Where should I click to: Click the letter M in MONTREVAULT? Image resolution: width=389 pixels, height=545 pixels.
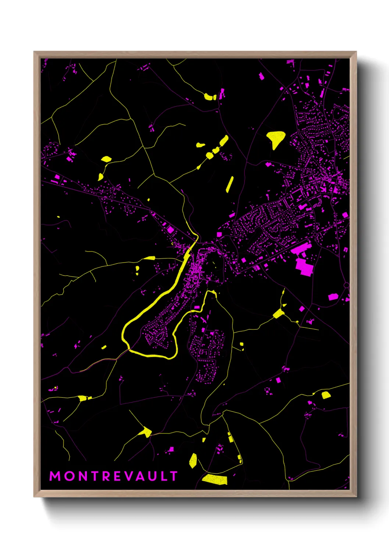click(55, 476)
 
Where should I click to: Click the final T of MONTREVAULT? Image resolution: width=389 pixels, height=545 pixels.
click(174, 476)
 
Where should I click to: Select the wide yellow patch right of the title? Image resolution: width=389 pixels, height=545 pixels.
click(215, 479)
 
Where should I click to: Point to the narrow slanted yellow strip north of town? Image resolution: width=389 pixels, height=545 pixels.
click(229, 184)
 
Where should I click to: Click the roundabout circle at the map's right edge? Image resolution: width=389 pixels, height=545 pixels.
click(346, 285)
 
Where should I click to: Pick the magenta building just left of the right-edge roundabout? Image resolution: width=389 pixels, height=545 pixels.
click(333, 296)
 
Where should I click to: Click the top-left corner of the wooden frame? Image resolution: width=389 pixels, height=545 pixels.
click(34, 52)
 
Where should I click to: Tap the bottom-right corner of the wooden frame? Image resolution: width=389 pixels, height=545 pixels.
click(356, 496)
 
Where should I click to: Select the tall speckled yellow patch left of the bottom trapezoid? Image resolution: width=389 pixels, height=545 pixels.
click(193, 461)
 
